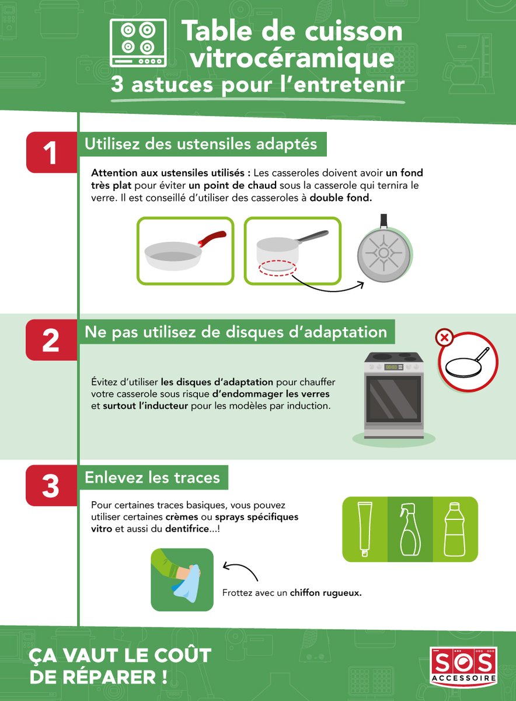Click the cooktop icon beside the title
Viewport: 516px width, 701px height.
tap(138, 43)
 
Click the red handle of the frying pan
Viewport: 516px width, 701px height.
tap(212, 238)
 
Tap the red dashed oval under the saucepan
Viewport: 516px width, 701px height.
tap(277, 268)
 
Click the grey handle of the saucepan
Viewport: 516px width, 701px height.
tap(312, 237)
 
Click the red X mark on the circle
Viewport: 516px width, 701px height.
tap(445, 338)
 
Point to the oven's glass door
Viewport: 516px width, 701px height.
tap(394, 400)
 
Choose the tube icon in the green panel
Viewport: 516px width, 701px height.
tap(365, 529)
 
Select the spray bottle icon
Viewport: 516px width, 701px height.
tap(410, 529)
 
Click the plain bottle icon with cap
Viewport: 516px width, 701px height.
tap(455, 529)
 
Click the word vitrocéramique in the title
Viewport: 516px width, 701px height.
tap(292, 57)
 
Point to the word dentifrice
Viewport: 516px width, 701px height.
tap(187, 529)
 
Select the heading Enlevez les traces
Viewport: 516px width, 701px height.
tap(152, 478)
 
